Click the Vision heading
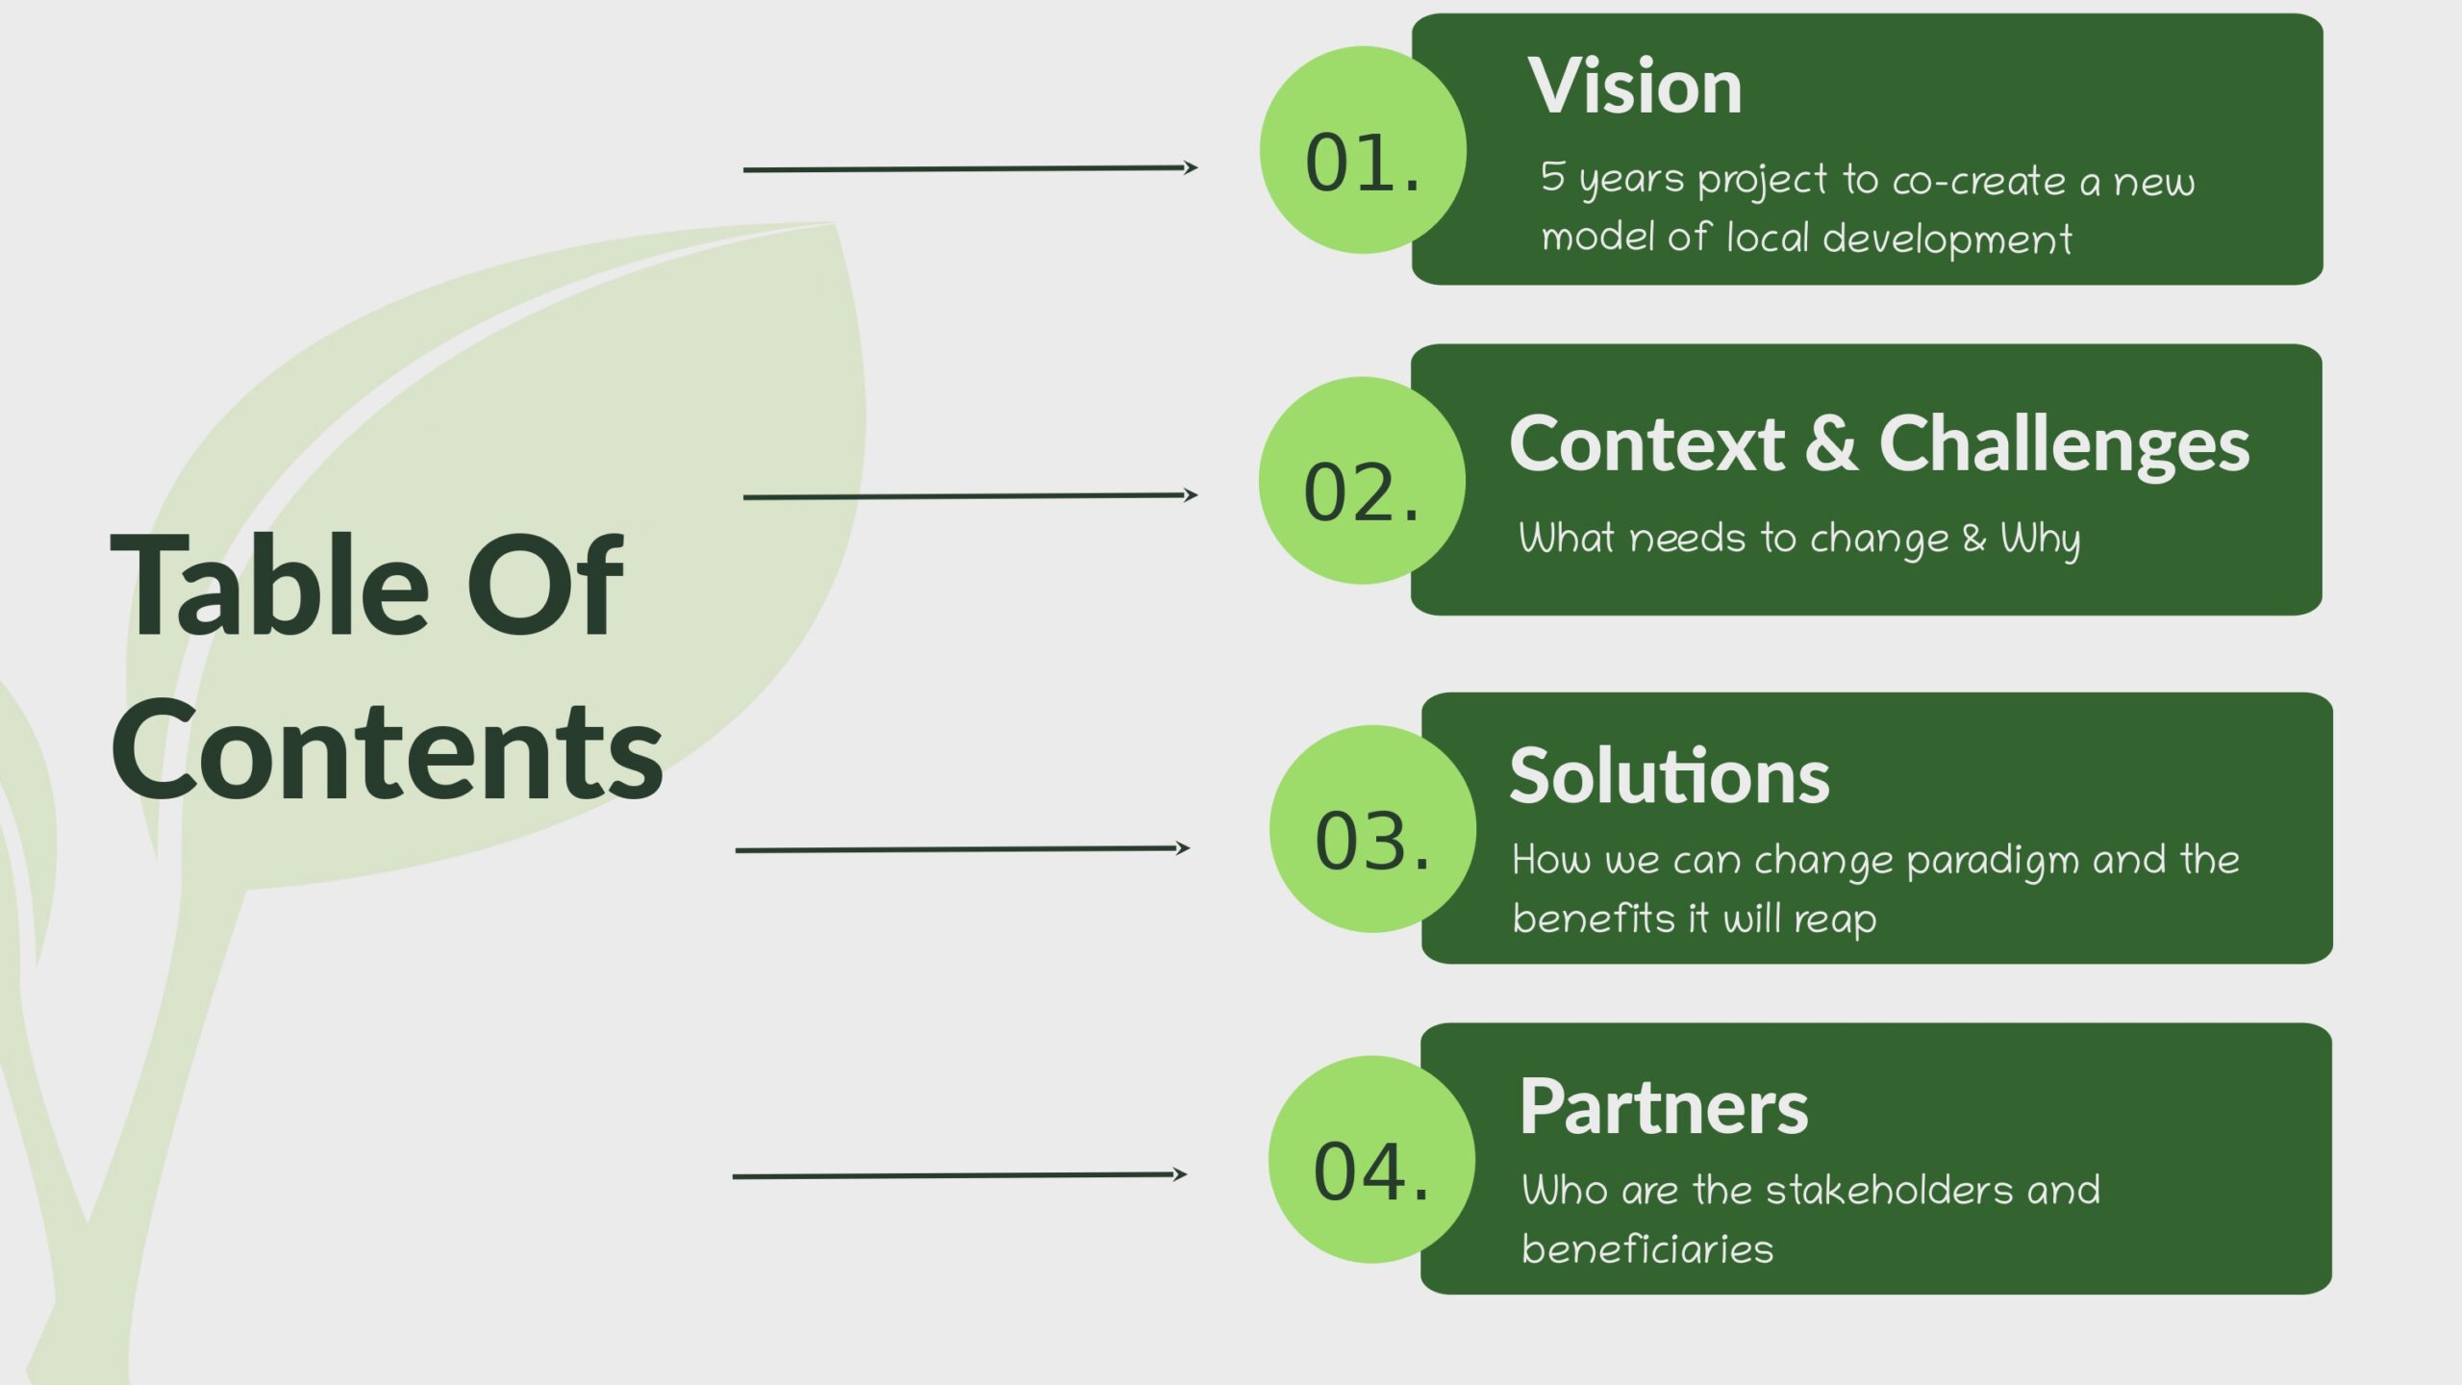click(1634, 87)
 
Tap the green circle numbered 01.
click(1363, 151)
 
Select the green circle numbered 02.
click(1362, 481)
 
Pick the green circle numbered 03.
click(1372, 829)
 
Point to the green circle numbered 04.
click(1371, 1160)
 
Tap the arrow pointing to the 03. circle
click(962, 849)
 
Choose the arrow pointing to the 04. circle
click(959, 1175)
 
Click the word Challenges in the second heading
click(2064, 444)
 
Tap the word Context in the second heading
click(1646, 444)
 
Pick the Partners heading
click(1664, 1106)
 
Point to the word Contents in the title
click(387, 750)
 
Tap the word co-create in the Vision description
click(1978, 182)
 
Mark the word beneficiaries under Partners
click(1647, 1249)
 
